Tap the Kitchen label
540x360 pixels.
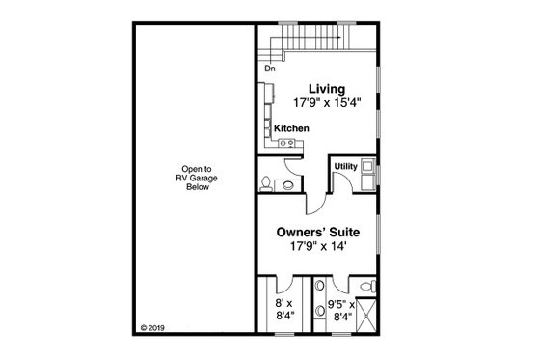click(x=290, y=128)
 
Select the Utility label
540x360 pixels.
click(x=344, y=166)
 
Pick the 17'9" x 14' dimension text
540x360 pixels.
click(x=314, y=247)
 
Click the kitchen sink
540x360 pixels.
click(x=285, y=144)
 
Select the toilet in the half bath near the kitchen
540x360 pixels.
click(x=266, y=183)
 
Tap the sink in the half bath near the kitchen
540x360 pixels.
click(x=287, y=183)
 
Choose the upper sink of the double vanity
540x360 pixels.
click(x=319, y=288)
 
